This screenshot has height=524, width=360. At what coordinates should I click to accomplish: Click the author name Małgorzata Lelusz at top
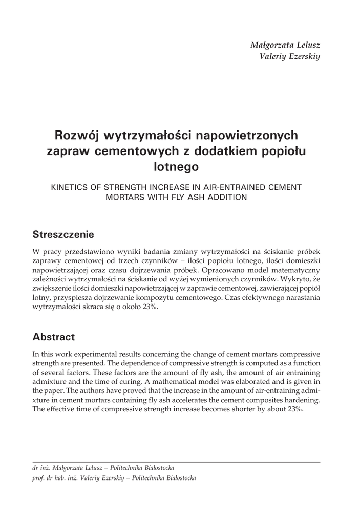285,45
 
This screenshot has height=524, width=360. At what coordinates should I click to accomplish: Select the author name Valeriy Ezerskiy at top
290,56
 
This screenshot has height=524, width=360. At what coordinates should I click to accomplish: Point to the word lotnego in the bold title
176,166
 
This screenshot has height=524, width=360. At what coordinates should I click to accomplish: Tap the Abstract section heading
54,337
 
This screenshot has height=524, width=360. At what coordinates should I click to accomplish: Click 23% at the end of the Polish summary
147,307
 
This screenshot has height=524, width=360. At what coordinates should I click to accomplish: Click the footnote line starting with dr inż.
103,468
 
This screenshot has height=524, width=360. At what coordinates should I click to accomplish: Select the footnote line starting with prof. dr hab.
114,478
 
